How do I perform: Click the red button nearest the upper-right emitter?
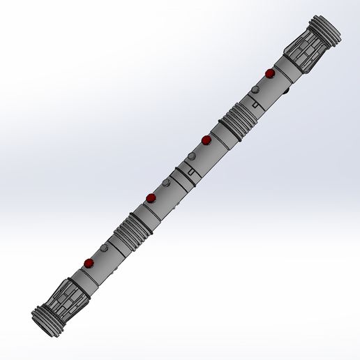269,73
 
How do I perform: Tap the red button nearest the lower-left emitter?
89,263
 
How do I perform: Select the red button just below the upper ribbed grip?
206,140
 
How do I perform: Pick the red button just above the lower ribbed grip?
151,199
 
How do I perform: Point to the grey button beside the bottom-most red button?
103,248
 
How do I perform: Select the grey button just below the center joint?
166,183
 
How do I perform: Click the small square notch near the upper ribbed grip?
257,105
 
